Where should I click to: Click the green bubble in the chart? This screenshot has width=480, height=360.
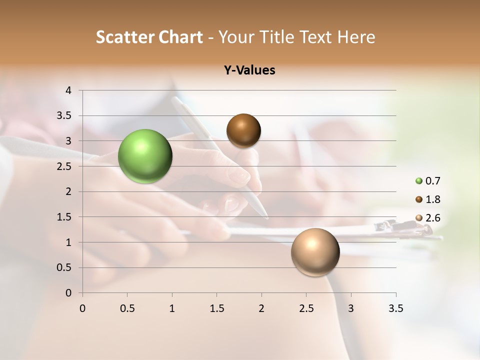[x=145, y=156]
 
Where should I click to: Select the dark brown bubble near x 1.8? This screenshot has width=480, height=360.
[x=243, y=130]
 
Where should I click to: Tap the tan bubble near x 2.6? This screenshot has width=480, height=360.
[x=315, y=252]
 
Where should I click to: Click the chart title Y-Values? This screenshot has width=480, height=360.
[x=249, y=70]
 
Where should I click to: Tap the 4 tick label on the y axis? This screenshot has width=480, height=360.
[x=69, y=90]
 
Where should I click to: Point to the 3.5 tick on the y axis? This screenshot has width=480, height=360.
[x=65, y=115]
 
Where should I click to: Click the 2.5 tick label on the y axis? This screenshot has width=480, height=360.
[x=65, y=166]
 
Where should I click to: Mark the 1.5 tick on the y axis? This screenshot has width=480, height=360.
[x=65, y=217]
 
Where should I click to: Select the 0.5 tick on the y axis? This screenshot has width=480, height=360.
[x=65, y=267]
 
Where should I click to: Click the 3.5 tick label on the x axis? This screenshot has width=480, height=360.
[x=395, y=308]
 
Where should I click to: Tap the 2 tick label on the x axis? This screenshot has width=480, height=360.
[x=261, y=308]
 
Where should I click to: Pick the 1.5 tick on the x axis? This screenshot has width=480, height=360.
[x=216, y=308]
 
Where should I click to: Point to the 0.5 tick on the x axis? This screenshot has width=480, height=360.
[x=127, y=308]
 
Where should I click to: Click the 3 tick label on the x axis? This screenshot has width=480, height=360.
[x=351, y=308]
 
